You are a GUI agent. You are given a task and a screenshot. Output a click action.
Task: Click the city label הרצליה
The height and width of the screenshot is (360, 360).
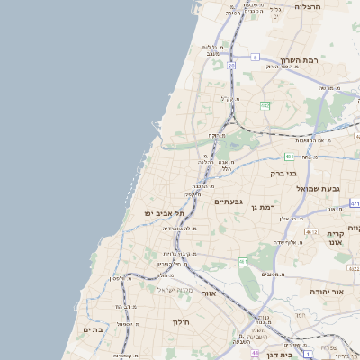pyautogui.click(x=307, y=6)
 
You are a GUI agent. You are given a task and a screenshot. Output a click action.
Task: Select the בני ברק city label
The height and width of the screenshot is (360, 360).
pyautogui.click(x=284, y=173)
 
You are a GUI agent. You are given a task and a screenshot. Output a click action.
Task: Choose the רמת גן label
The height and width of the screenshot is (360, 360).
pyautogui.click(x=263, y=207)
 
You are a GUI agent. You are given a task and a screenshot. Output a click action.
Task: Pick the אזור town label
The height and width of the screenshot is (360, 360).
pyautogui.click(x=209, y=293)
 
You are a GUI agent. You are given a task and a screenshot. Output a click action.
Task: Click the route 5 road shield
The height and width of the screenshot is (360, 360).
pyautogui.click(x=256, y=57)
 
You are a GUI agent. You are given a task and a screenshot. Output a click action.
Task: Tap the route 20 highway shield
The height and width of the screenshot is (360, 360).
pyautogui.click(x=231, y=66)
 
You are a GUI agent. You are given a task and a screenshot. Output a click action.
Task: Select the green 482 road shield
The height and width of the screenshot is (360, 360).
pyautogui.click(x=265, y=106)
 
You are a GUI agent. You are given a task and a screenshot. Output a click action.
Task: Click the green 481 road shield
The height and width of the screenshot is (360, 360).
pyautogui.click(x=290, y=157)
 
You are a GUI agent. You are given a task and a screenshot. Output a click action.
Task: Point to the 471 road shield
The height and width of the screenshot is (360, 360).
pyautogui.click(x=355, y=203)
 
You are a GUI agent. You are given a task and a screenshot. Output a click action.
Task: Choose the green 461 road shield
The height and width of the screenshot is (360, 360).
pyautogui.click(x=243, y=261)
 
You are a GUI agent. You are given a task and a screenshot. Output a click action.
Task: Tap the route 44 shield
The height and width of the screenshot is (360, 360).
pyautogui.click(x=255, y=353)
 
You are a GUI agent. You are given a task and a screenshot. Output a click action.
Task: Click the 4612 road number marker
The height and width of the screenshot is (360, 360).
pyautogui.click(x=311, y=232)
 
